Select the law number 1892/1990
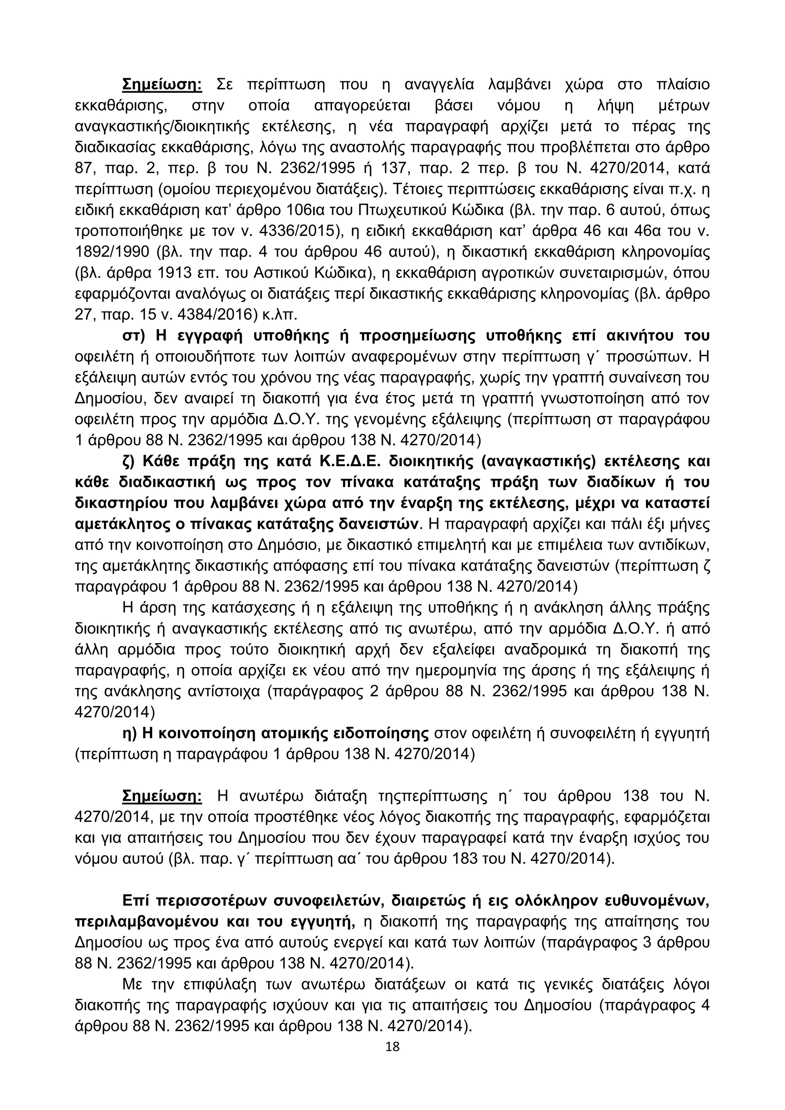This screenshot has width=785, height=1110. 109,252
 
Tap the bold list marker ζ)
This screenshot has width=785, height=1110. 132,462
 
